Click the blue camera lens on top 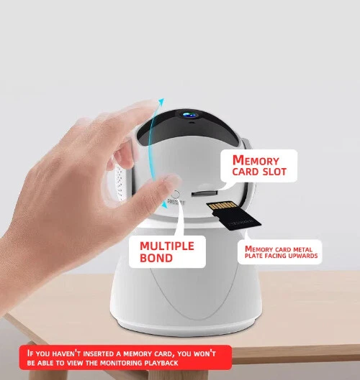[190, 114]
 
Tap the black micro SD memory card [234, 216]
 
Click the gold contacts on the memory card [223, 205]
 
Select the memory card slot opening [204, 193]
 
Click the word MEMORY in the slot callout [256, 160]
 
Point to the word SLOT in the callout [274, 172]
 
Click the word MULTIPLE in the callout [167, 246]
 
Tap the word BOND [156, 258]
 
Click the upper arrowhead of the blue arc [161, 101]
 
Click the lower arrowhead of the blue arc [164, 205]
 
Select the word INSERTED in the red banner [99, 353]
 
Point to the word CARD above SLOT [246, 172]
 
